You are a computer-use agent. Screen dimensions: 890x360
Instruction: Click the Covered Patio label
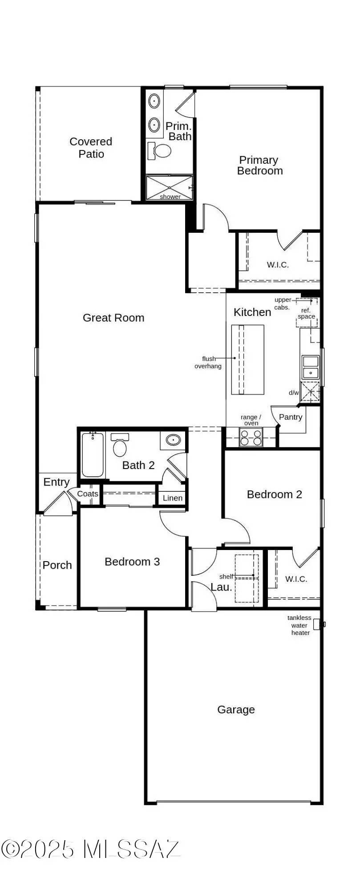click(91, 148)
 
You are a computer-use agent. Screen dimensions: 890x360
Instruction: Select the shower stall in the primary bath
click(170, 188)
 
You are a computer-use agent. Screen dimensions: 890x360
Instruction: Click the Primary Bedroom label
click(259, 166)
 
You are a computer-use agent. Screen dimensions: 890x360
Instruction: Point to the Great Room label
click(113, 318)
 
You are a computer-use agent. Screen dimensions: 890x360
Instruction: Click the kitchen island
click(247, 360)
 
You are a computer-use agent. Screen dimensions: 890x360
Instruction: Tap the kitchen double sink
click(310, 367)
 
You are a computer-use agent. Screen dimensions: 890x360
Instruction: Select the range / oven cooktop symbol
click(251, 437)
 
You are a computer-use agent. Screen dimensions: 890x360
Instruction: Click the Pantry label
click(290, 417)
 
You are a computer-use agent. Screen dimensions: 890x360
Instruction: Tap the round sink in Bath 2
click(173, 440)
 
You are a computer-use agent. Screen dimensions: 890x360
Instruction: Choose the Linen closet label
click(173, 498)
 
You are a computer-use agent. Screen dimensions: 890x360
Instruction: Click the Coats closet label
click(88, 494)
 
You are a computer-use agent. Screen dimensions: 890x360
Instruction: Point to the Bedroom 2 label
click(274, 494)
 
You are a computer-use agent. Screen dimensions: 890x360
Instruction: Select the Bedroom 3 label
click(132, 562)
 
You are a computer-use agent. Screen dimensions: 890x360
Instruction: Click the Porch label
click(57, 565)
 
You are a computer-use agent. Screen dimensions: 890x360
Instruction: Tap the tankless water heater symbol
click(317, 624)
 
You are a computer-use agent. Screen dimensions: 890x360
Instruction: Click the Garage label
click(236, 710)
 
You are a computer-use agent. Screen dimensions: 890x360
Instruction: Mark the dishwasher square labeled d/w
click(310, 392)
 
